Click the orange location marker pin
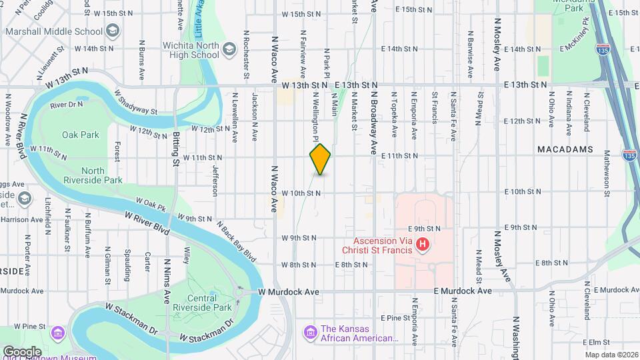[x=320, y=159]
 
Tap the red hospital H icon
[x=421, y=245]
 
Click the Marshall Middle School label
[x=54, y=31]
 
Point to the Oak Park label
[x=81, y=135]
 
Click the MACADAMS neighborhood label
[x=565, y=150]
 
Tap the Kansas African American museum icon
[x=309, y=331]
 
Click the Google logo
[x=22, y=351]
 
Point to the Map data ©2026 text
[x=611, y=355]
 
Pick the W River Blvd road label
[x=147, y=221]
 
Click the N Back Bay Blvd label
[x=236, y=239]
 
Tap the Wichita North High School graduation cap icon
[x=229, y=48]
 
